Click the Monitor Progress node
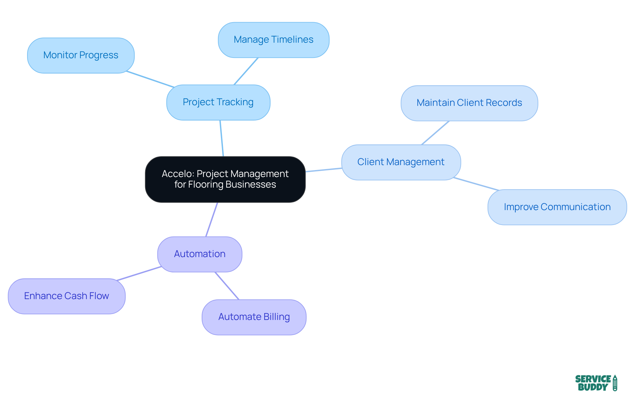(81, 55)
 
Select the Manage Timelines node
(274, 40)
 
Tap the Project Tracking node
(218, 102)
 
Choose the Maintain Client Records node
(469, 103)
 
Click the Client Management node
(401, 162)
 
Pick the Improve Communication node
(557, 207)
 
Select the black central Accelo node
(225, 179)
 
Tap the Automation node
(199, 254)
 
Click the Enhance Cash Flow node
(66, 296)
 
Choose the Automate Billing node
(254, 317)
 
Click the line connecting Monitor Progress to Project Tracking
(150, 79)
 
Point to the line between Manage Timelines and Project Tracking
(246, 71)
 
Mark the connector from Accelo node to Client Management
(323, 170)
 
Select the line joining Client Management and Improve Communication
(476, 184)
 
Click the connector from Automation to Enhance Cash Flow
(139, 273)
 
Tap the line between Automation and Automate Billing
(227, 286)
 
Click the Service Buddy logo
(593, 383)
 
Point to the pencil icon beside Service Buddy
(615, 383)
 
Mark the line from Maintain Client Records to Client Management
(435, 133)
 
